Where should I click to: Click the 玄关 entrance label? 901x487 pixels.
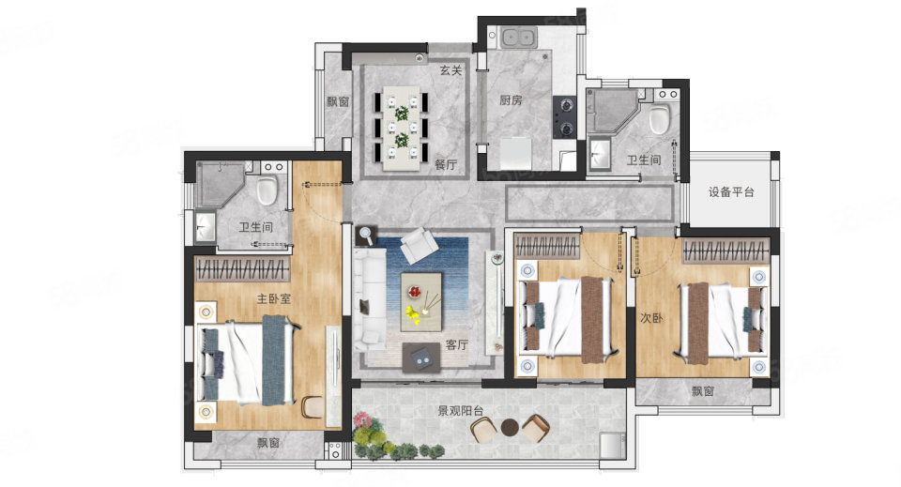point(451,70)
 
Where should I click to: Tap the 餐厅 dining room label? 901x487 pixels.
point(445,165)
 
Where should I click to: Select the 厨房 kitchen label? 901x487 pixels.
point(511,100)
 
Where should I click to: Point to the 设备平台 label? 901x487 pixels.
point(731,191)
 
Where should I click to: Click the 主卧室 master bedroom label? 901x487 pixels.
point(273,298)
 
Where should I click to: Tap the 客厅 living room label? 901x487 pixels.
point(457,344)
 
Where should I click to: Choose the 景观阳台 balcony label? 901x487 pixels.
point(460,411)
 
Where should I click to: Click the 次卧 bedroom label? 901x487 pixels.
point(651,317)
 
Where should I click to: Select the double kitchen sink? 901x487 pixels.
point(518,38)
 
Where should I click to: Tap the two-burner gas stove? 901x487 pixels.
point(564,116)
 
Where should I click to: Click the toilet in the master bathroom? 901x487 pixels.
point(267,190)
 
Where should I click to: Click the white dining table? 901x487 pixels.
point(402,128)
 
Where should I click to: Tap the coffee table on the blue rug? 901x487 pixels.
point(421,301)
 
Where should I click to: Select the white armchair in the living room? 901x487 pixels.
point(419,245)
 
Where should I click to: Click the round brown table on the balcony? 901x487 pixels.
point(510,427)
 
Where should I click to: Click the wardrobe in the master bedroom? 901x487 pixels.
point(242,268)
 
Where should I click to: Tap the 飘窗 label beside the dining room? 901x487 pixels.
point(338,101)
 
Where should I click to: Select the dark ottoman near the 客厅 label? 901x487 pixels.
point(421,358)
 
